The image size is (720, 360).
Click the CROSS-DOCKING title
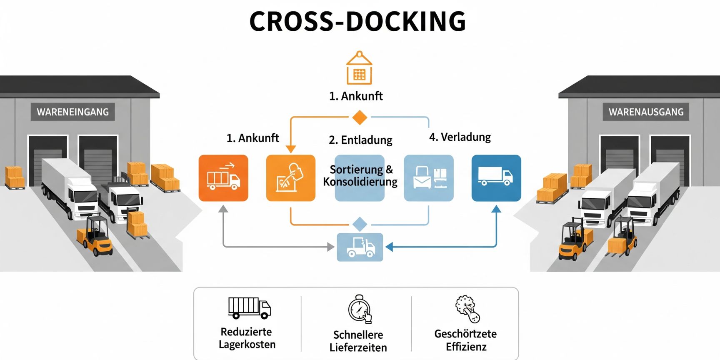[357, 21]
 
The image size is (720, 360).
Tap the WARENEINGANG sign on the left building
[72, 112]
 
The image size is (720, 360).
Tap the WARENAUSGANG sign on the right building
[646, 112]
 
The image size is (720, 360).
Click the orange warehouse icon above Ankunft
[359, 68]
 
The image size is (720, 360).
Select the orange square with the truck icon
[223, 178]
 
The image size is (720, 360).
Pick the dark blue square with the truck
[496, 178]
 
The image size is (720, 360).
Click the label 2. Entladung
[360, 140]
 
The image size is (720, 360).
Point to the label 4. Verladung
[460, 137]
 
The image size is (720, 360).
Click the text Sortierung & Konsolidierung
[360, 175]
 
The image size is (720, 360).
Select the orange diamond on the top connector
[360, 117]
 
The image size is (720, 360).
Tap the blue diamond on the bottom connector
[360, 224]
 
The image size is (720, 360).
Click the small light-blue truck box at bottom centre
[360, 247]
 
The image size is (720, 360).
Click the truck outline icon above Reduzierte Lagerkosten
[249, 308]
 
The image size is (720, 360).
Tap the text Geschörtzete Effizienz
[465, 340]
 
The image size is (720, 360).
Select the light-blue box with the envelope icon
[428, 178]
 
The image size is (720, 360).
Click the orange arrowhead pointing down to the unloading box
[291, 149]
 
